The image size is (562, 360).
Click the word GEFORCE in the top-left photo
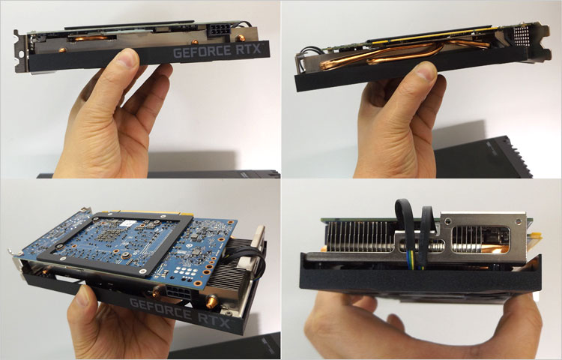202,52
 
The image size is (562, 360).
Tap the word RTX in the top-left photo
248,49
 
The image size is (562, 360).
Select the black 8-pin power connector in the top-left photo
218,30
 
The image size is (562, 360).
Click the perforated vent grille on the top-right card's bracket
522,34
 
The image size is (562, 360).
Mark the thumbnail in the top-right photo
426,72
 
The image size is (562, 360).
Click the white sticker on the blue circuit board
128,223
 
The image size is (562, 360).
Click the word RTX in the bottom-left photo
214,320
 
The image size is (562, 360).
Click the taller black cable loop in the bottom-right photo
405,229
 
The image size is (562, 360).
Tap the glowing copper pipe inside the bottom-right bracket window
494,247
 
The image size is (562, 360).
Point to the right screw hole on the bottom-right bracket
516,220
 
